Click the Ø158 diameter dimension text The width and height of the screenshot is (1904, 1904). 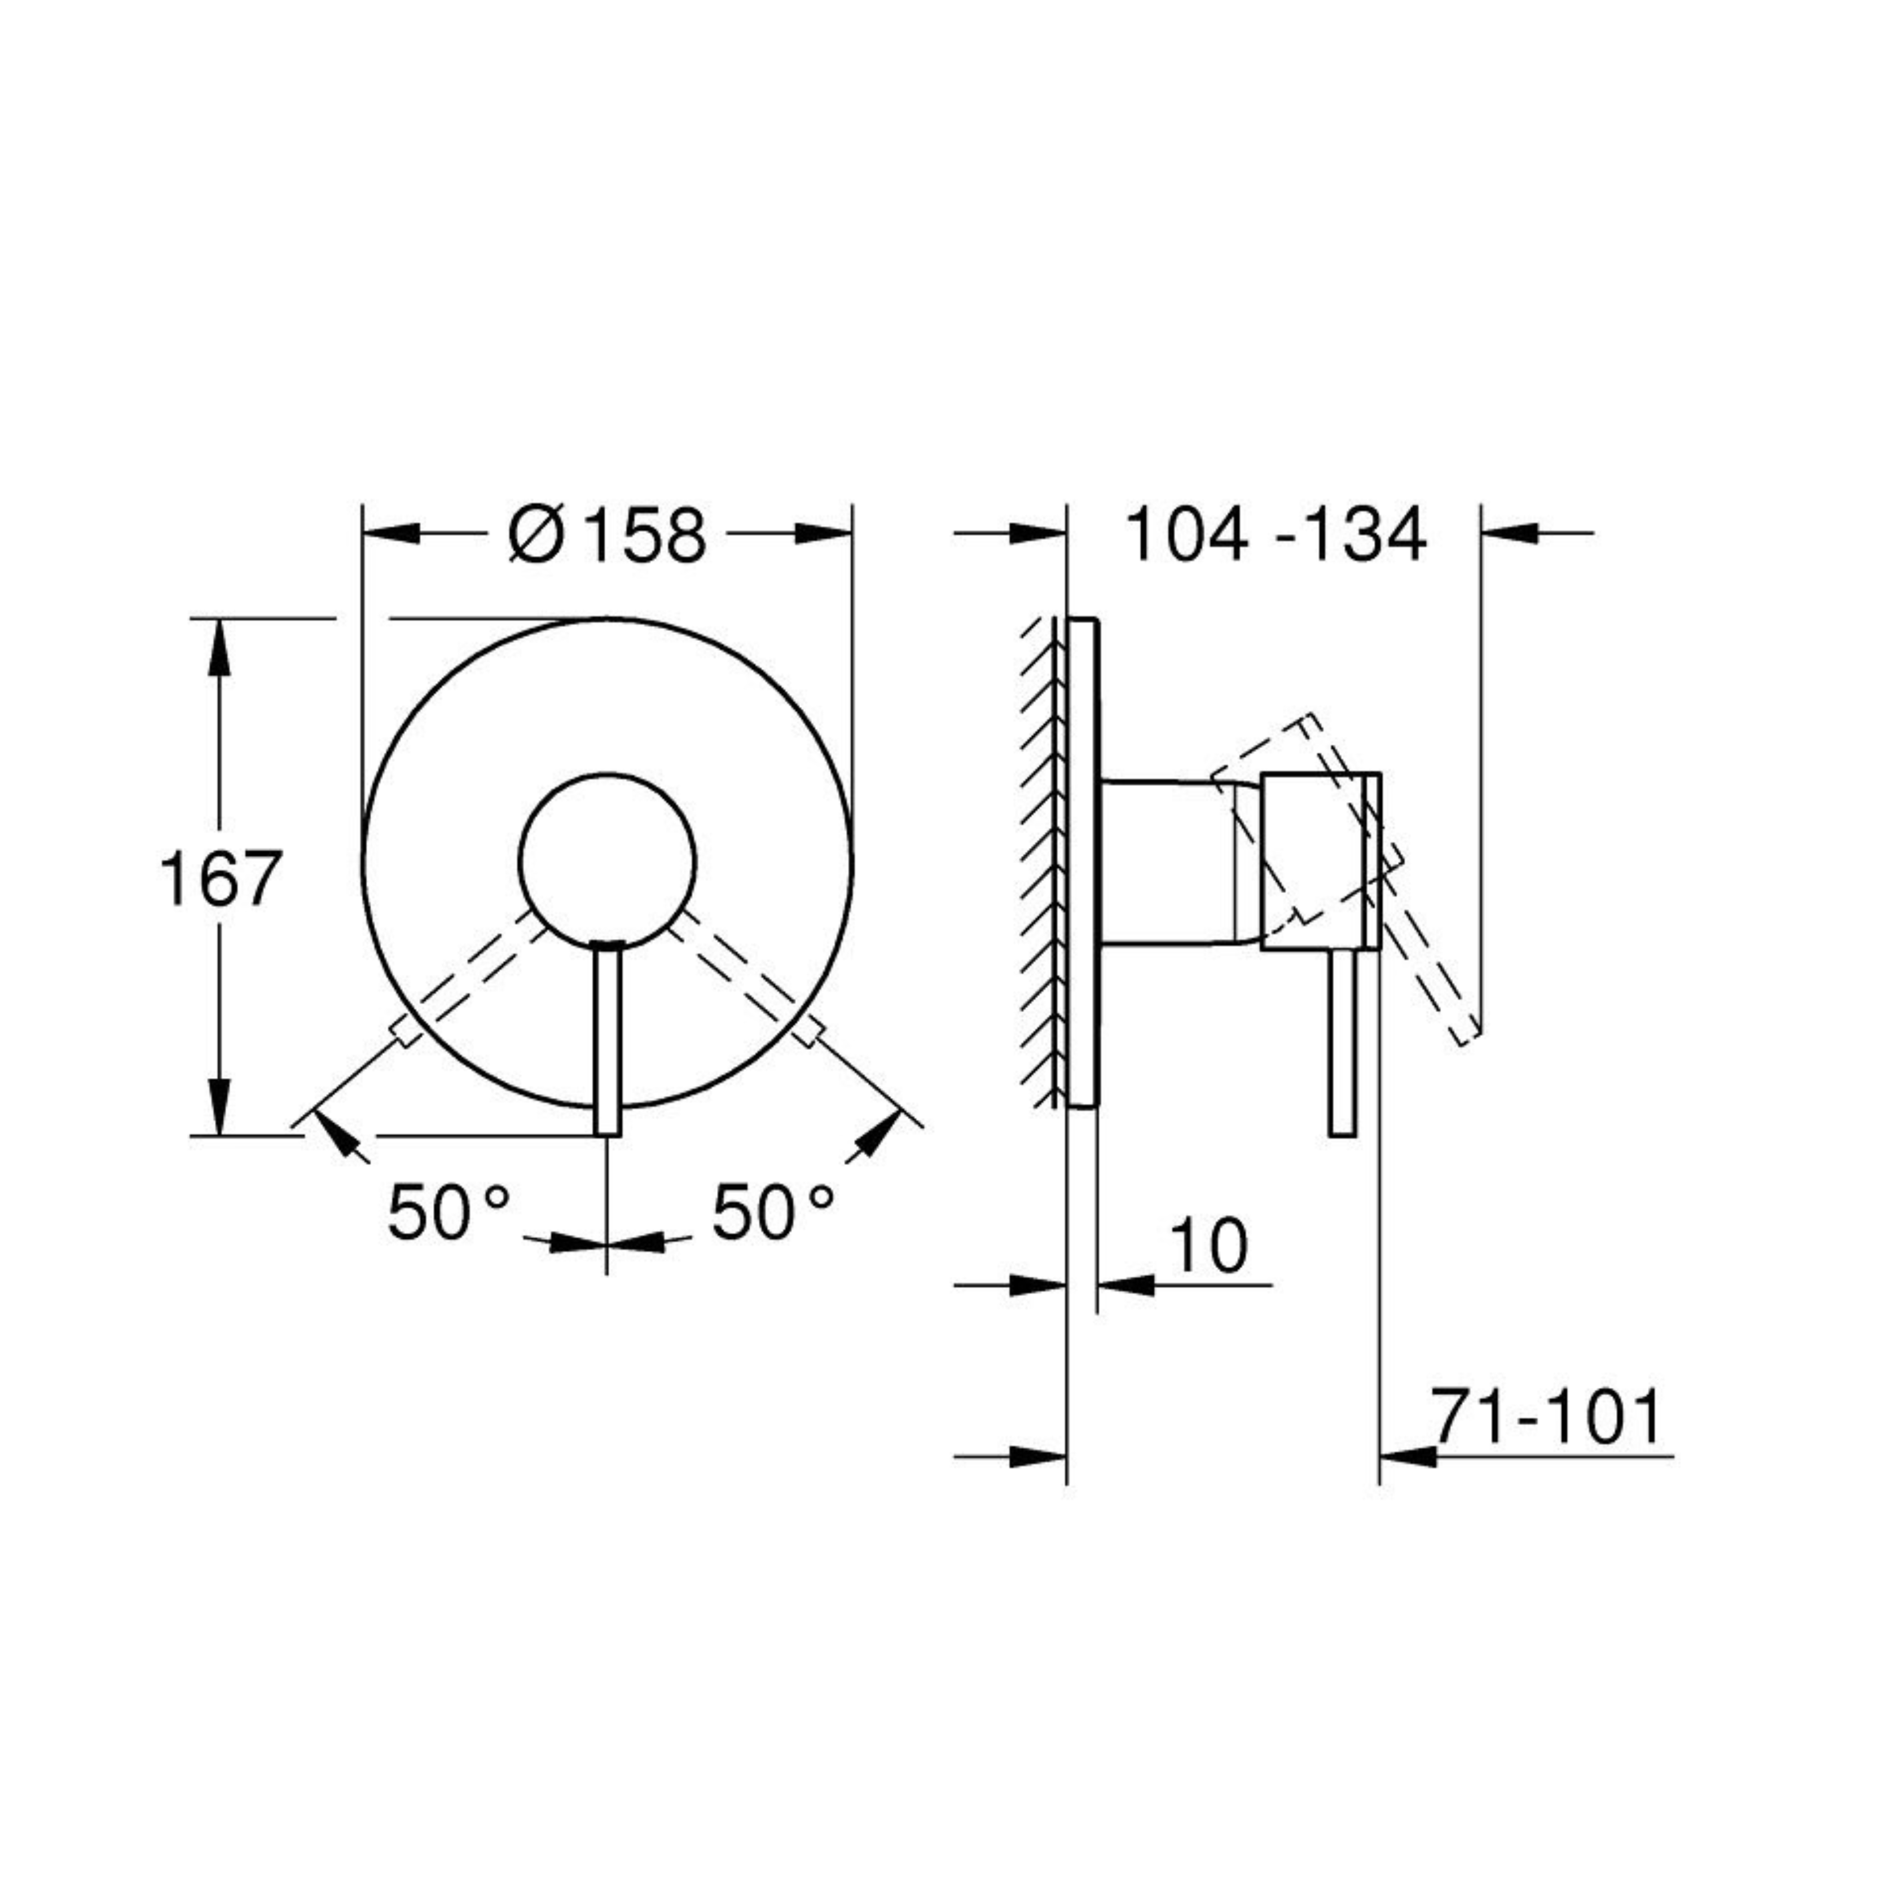607,535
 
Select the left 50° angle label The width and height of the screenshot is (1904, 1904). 448,1212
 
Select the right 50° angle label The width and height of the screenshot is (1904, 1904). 773,1212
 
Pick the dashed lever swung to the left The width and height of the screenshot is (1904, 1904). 471,978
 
